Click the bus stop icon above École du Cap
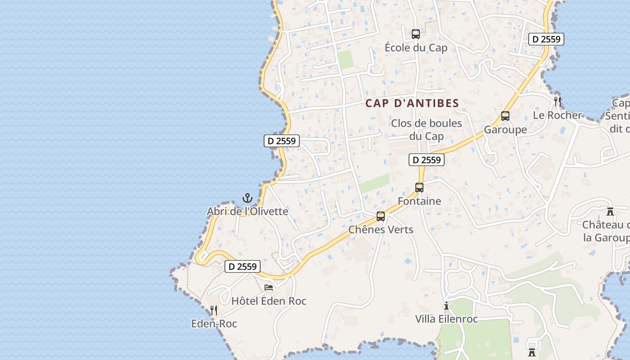coord(416,34)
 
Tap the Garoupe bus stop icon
coord(505,116)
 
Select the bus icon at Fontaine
coord(419,188)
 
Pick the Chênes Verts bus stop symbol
coord(381,216)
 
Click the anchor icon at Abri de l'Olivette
coord(247,198)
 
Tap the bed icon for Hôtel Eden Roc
coord(269,287)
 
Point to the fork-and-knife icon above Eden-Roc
coord(214,310)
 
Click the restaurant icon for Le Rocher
coord(558,101)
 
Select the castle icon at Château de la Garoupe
coord(610,211)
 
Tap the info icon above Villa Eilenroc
coord(446,306)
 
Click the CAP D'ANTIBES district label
coord(412,103)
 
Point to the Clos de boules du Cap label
coord(427,130)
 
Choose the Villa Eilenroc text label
coord(446,319)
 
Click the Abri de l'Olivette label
coord(247,211)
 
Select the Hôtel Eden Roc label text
coord(269,301)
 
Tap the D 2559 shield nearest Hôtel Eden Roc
coord(243,266)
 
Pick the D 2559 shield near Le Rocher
coord(546,39)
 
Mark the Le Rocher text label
coord(558,115)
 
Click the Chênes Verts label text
coord(381,229)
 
